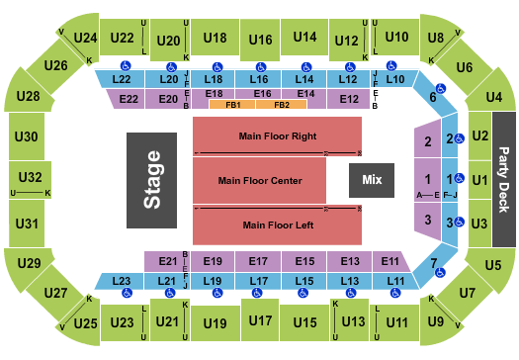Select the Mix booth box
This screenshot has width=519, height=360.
(x=372, y=180)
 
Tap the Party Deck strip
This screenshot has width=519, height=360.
(x=504, y=180)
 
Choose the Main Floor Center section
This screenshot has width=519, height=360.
(x=259, y=181)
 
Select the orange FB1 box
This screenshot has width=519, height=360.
(x=233, y=104)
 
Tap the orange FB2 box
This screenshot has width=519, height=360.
(x=281, y=104)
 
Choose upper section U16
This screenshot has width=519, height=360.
(x=260, y=40)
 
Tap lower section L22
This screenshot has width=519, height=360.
(x=123, y=78)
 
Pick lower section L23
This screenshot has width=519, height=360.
(x=123, y=282)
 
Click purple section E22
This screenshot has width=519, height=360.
(x=129, y=99)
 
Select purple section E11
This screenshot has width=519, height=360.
(x=390, y=261)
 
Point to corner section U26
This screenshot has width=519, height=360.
(x=55, y=66)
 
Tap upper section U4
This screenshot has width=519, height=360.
(x=493, y=97)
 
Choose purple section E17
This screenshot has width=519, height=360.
(x=259, y=261)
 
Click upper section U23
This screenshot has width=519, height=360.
(x=123, y=322)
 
